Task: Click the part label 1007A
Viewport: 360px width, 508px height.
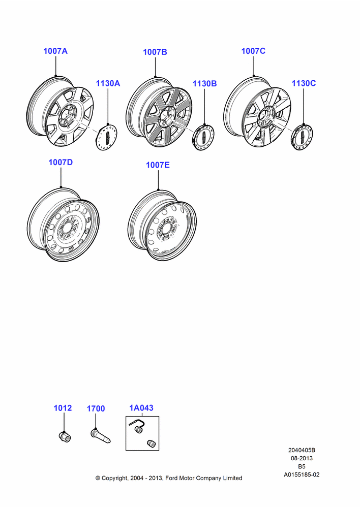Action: click(55, 51)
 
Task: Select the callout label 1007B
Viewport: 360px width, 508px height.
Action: click(155, 52)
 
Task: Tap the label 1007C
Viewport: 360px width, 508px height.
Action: click(253, 51)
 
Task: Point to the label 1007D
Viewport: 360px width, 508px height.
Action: click(61, 162)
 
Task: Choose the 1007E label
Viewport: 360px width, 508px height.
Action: click(158, 165)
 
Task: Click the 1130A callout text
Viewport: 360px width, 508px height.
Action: click(108, 83)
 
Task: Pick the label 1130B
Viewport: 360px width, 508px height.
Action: click(204, 84)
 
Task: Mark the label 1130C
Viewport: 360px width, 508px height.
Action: click(304, 83)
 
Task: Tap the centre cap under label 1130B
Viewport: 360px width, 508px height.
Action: click(204, 137)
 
